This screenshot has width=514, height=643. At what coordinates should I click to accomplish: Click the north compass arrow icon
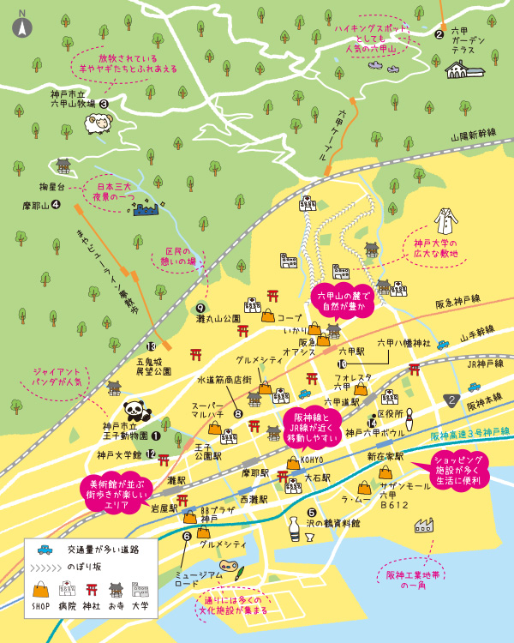coord(22,26)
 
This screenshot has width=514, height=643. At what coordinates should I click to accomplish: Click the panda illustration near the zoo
coord(135,412)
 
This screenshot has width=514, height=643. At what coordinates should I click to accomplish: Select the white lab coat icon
coord(445,222)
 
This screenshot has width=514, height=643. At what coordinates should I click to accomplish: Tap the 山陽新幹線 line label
coord(474,135)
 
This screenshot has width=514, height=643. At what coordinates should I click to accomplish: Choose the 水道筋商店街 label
coord(224,378)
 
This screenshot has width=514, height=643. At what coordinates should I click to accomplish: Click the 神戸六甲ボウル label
coord(374,432)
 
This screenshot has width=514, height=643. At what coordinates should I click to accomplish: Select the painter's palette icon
coord(226,567)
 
